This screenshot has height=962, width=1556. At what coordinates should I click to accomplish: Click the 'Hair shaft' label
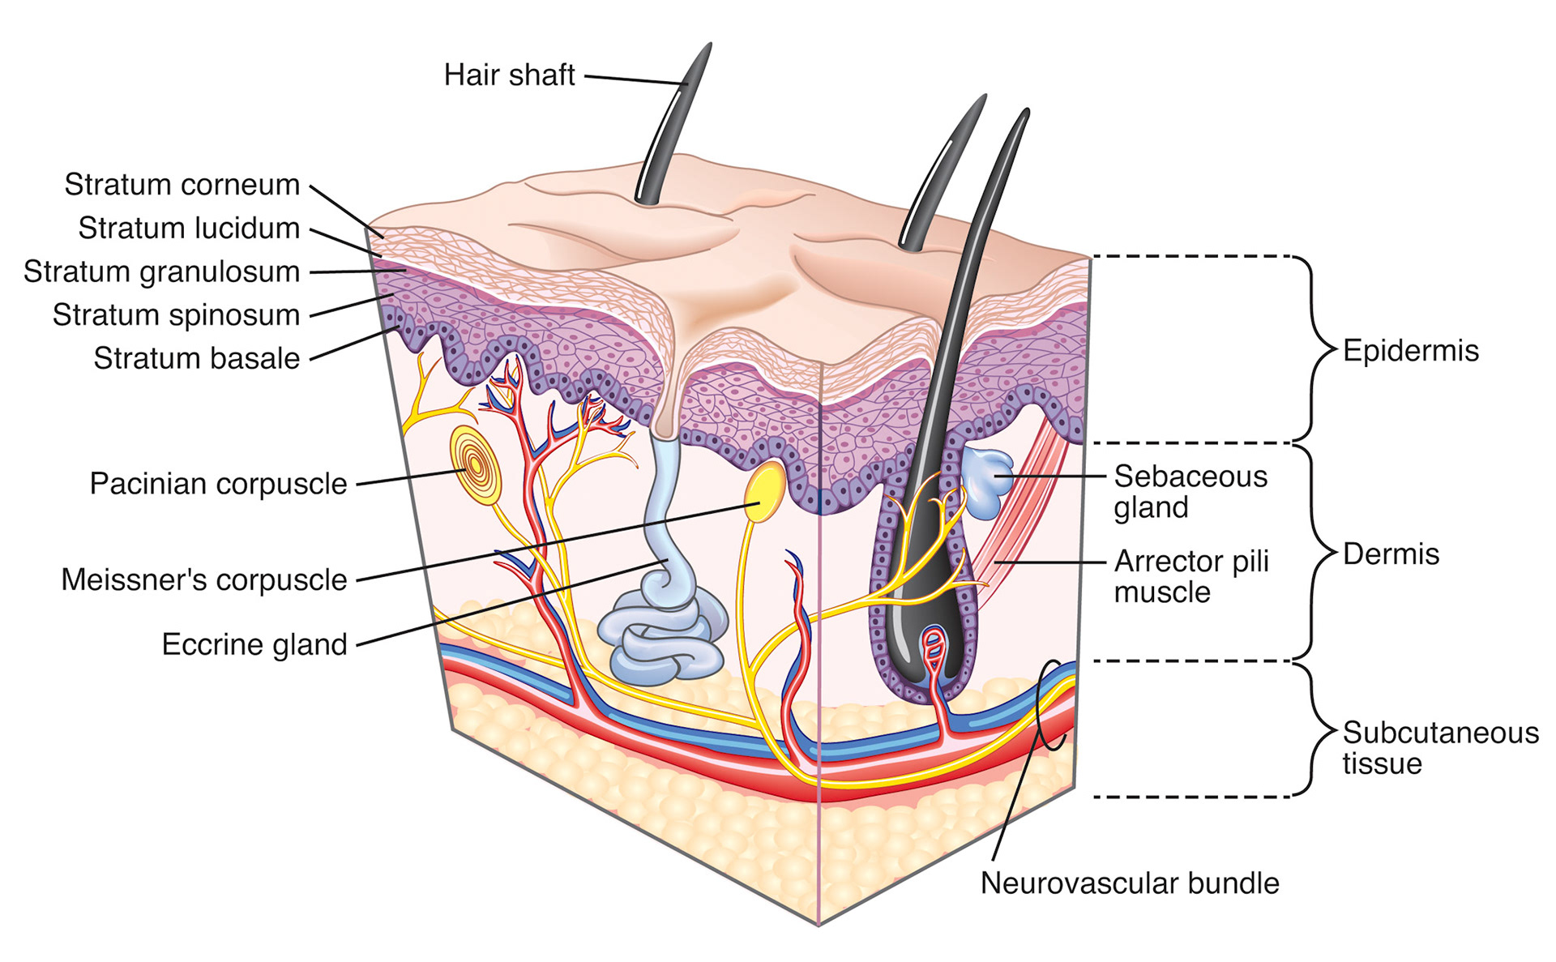pyautogui.click(x=509, y=75)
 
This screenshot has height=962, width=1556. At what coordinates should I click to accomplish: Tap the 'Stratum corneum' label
pyautogui.click(x=182, y=185)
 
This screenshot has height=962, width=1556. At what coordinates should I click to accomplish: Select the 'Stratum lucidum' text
pyautogui.click(x=189, y=229)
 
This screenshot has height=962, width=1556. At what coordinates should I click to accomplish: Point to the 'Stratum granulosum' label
pyautogui.click(x=161, y=271)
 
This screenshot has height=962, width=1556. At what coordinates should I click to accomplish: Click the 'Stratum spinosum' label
pyautogui.click(x=176, y=314)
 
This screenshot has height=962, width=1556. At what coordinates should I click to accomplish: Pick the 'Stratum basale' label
pyautogui.click(x=196, y=358)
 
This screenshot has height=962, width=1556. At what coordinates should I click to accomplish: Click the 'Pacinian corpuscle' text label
pyautogui.click(x=218, y=484)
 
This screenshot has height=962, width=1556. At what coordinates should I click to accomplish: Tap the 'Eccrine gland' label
pyautogui.click(x=254, y=644)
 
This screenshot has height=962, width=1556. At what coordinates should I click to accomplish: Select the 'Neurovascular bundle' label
pyautogui.click(x=1130, y=883)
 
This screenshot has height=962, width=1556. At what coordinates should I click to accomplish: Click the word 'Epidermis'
pyautogui.click(x=1411, y=351)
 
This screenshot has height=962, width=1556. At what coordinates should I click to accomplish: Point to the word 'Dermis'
pyautogui.click(x=1391, y=554)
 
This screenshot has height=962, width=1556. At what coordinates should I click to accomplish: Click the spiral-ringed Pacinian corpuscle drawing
pyautogui.click(x=476, y=466)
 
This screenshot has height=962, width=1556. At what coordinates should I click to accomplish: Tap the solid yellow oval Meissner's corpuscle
pyautogui.click(x=763, y=491)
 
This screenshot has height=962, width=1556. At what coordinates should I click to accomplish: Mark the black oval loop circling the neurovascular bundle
pyautogui.click(x=1054, y=704)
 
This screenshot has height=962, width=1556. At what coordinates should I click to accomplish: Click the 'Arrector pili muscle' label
pyautogui.click(x=1191, y=576)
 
